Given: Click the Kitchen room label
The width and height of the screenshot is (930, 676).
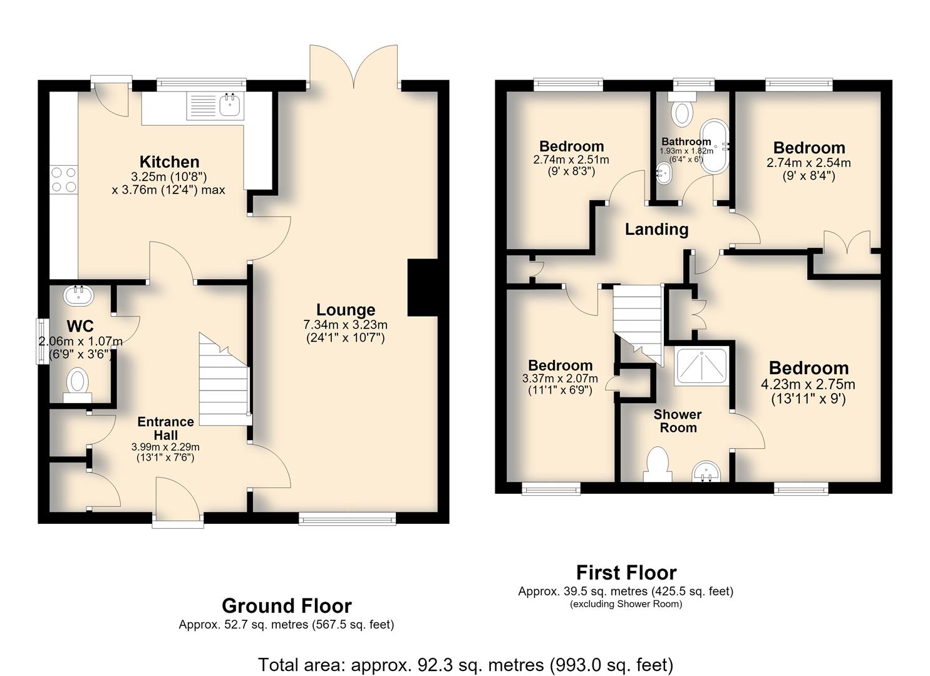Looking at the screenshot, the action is coord(169,161).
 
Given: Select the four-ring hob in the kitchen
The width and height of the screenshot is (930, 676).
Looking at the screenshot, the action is coord(64,179).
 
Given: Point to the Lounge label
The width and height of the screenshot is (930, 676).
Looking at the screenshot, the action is coord(346,310).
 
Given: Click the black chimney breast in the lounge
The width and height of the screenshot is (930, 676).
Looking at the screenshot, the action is coord(423,288).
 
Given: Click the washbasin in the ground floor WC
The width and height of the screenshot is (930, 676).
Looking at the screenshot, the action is coord(79,296).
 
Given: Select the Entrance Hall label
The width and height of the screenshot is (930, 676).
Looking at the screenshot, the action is coord(166,428).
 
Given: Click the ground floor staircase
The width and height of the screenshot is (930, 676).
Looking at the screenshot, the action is coord(224,379).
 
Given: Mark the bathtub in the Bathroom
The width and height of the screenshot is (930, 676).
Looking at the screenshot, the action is coord(715,146).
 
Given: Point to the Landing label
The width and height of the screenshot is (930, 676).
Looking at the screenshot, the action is coord(657,229).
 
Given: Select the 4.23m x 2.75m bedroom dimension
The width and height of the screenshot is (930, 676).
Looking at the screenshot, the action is coord(808,384).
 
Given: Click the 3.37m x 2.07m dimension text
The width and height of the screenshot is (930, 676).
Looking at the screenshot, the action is coord(560,379).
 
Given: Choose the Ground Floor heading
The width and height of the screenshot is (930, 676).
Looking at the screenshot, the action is coord(287,606).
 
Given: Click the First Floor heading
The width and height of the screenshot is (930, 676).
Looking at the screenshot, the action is coord(626,573).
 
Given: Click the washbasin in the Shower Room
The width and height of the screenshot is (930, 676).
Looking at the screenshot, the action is coord(706,471).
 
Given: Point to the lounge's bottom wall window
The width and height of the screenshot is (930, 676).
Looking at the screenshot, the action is coord(347,518).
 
